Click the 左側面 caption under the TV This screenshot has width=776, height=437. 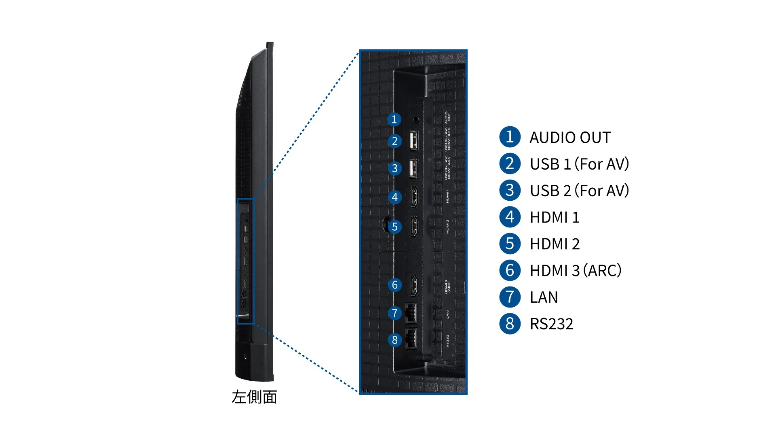point(254,397)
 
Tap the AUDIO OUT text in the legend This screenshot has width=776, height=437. point(570,138)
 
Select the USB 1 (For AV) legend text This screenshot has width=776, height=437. point(579,164)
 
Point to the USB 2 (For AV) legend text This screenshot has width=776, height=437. point(579,191)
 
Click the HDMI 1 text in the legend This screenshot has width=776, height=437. point(555,218)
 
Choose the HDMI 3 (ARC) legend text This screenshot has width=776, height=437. point(575,271)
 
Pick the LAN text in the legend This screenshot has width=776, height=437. point(544,297)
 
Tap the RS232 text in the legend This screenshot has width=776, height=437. point(551,324)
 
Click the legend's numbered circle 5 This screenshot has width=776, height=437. point(510,244)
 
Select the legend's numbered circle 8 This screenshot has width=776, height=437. point(510,324)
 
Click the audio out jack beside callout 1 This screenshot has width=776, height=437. point(416,119)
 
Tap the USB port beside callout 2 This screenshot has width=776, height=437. point(413,141)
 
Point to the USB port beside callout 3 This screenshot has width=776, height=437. point(413,168)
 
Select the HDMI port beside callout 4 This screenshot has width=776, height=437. point(414,197)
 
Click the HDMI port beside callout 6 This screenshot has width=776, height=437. point(414,285)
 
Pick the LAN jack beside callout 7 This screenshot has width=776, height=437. point(411,313)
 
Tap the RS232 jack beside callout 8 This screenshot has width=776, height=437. point(411,339)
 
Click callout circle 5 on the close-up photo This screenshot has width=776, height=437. point(394,227)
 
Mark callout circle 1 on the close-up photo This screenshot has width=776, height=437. point(394,119)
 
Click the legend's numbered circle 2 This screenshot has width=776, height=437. point(510,164)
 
